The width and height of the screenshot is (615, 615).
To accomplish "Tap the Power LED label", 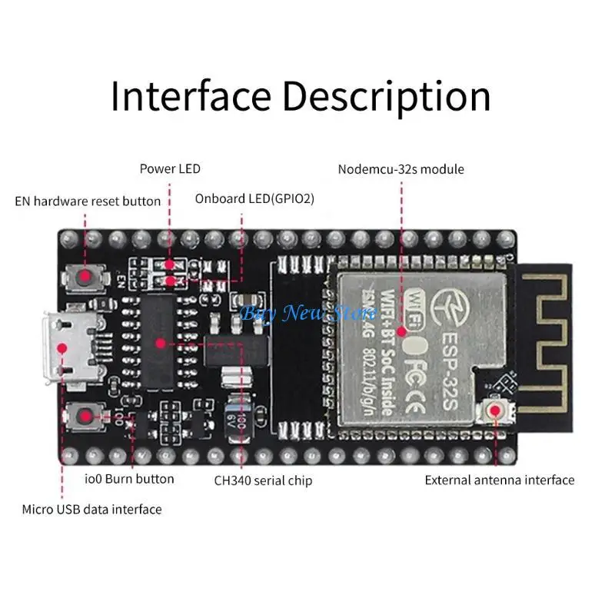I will point(170,168).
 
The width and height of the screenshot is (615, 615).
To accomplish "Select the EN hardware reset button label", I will point(88,201).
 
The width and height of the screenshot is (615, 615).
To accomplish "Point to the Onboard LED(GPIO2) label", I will point(254,198).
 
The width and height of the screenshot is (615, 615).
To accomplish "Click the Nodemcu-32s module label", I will point(401,168).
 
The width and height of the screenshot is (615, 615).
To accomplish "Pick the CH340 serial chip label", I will point(263,481).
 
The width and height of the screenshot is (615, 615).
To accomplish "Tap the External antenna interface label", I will point(500,480).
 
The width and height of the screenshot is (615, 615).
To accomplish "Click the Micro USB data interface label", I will point(91,509).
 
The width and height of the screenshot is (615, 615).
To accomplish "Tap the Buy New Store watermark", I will point(308,312).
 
